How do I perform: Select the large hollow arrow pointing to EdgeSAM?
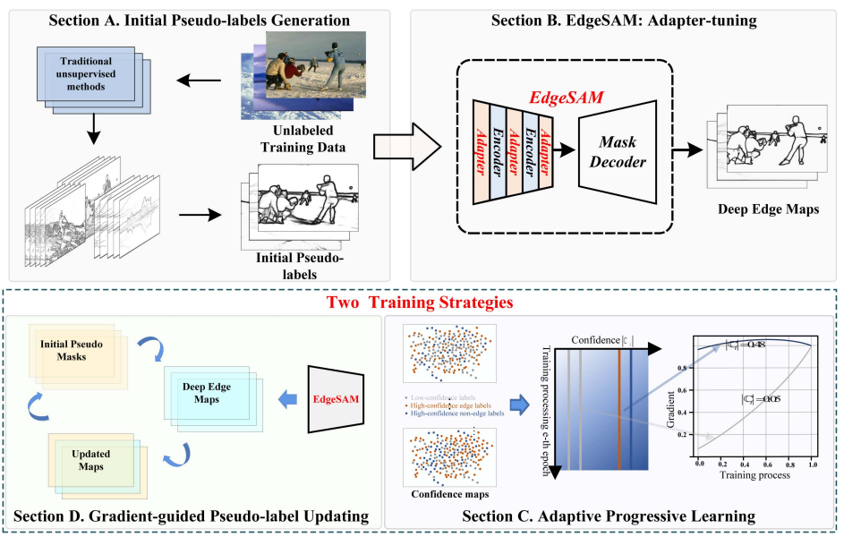coord(405,143)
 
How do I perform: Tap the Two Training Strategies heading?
coord(419,303)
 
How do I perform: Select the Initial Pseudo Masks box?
coord(72,346)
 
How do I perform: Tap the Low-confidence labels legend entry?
coord(441,396)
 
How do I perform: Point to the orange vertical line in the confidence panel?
coord(618,403)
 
